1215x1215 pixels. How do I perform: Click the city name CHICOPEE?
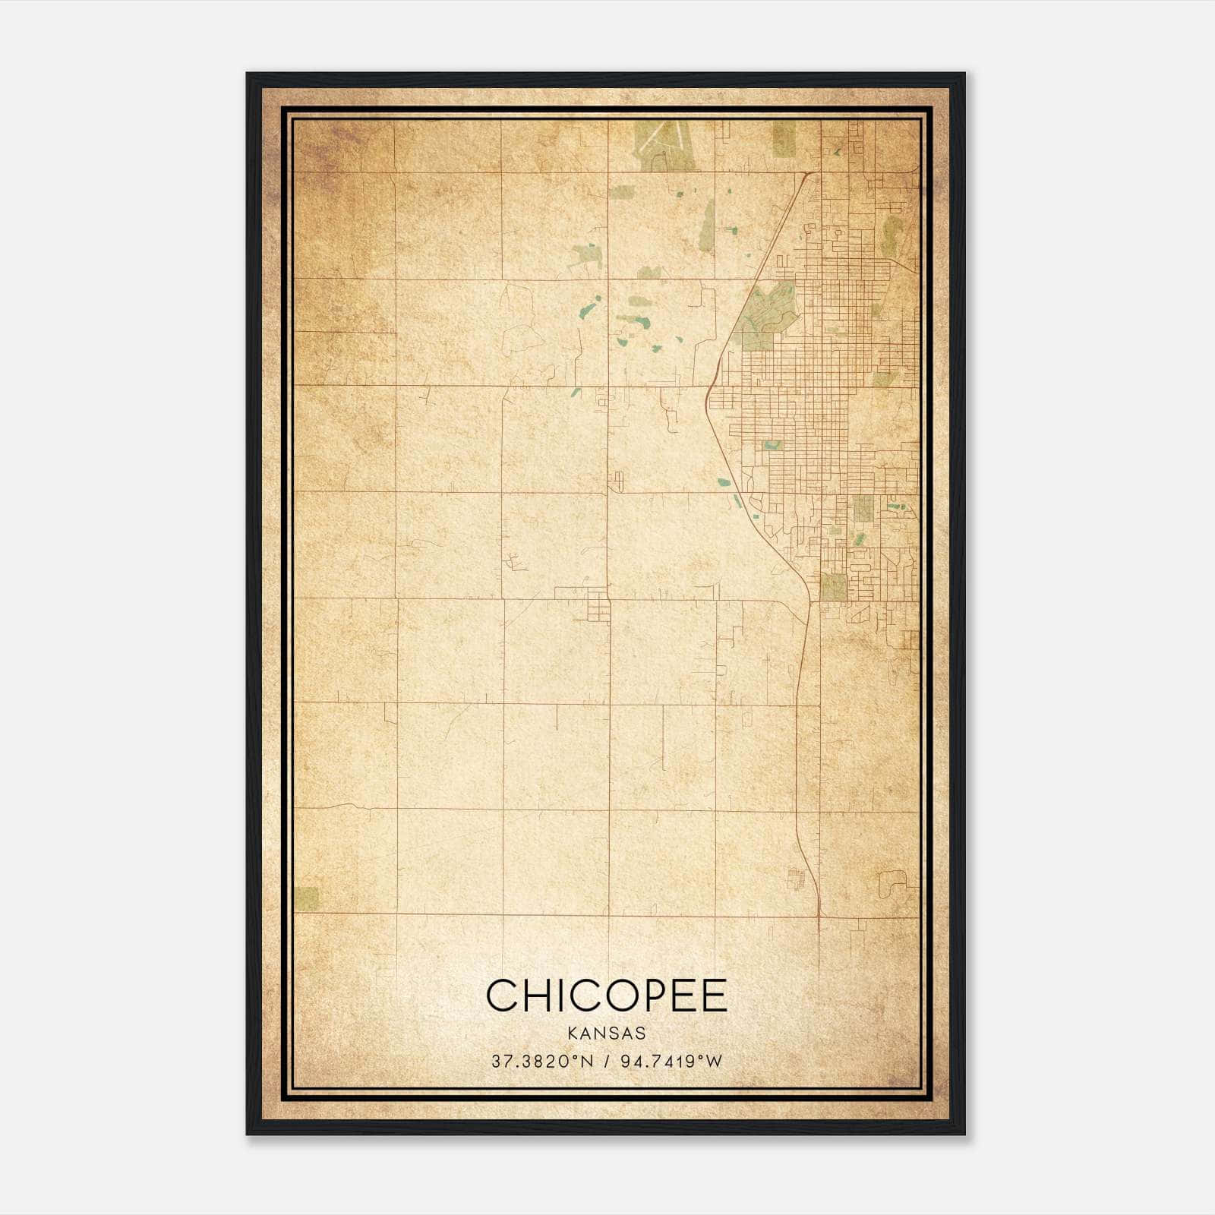[x=607, y=996]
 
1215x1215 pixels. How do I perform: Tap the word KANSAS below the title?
[x=607, y=1034]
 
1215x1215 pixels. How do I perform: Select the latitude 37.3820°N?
[x=541, y=1062]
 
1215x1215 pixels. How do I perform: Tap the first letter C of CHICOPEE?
[x=503, y=996]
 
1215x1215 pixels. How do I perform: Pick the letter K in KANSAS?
[x=572, y=1034]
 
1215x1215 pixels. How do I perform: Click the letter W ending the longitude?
[x=713, y=1062]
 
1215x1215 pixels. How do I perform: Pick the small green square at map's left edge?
[x=307, y=898]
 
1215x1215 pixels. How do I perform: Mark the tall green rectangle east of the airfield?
[x=784, y=140]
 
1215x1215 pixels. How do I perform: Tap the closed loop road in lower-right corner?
[x=892, y=884]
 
